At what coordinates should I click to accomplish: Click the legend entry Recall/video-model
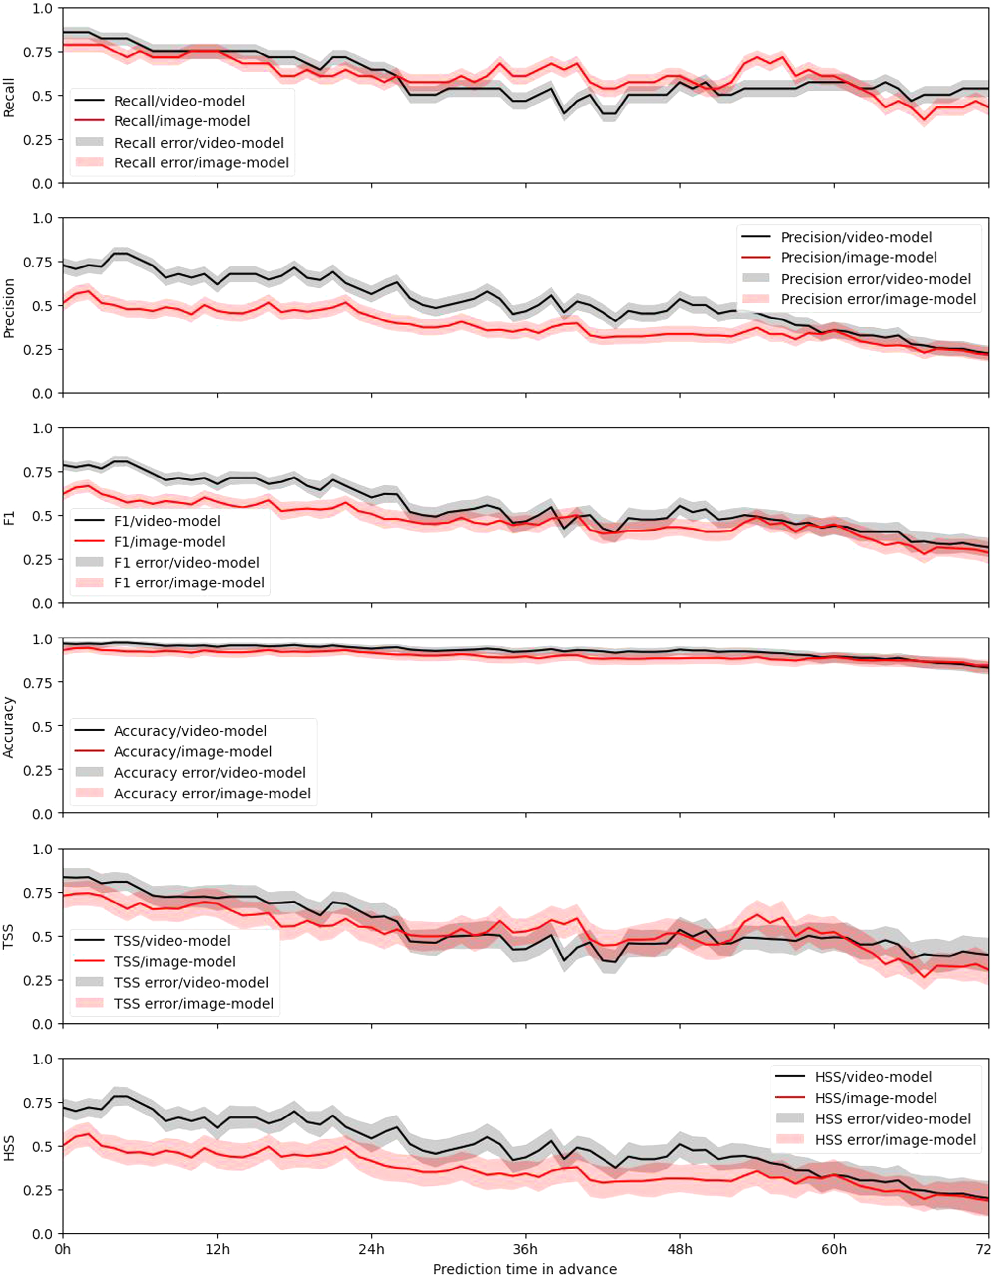point(179,101)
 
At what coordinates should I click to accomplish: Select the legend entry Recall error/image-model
point(202,163)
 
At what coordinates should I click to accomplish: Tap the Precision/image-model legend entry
point(858,258)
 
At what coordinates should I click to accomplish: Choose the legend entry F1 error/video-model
point(187,562)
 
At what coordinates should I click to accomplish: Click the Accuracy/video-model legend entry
point(190,731)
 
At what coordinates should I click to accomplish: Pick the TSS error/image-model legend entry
point(194,1003)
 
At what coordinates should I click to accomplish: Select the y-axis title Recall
point(9,97)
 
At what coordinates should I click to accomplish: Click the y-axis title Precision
point(9,308)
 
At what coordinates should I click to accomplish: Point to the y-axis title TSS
point(9,936)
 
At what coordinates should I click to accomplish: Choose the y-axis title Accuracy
point(9,727)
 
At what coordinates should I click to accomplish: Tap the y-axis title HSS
point(9,1147)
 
